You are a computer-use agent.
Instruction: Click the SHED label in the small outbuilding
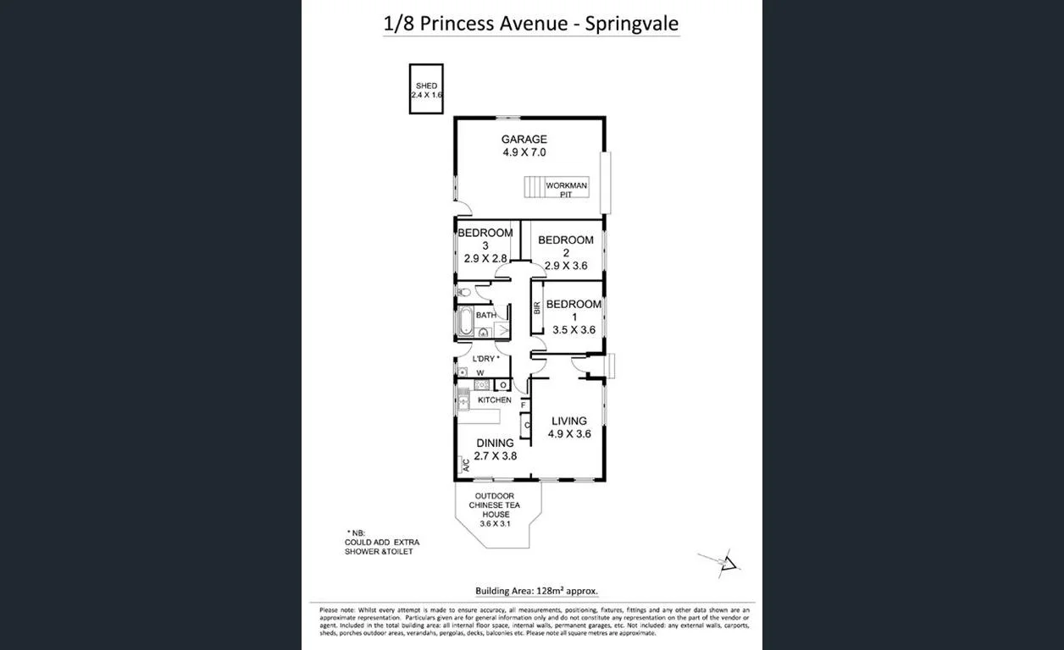tap(426, 85)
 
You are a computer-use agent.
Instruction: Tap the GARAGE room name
tap(524, 140)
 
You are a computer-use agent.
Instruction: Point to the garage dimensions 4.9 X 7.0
tap(524, 153)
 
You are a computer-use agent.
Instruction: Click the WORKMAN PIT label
tap(566, 190)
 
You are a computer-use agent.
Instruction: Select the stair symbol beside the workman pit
tap(533, 186)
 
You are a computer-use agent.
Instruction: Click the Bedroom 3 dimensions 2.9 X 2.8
tap(485, 258)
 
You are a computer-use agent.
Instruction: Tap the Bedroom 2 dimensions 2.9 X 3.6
tap(566, 265)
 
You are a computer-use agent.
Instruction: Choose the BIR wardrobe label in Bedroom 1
tap(537, 308)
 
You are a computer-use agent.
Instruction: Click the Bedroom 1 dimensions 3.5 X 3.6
tap(573, 330)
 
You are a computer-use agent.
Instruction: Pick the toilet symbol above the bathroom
tap(463, 292)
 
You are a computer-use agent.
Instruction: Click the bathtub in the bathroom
tap(465, 323)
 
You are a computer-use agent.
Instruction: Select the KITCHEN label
tap(495, 399)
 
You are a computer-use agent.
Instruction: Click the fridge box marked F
tap(524, 405)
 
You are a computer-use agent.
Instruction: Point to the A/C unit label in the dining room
tap(465, 464)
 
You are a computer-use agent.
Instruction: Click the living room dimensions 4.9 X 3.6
tap(568, 434)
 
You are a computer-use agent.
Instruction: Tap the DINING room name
tap(495, 443)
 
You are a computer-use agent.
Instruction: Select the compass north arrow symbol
tap(729, 563)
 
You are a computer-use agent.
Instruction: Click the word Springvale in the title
tap(632, 23)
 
